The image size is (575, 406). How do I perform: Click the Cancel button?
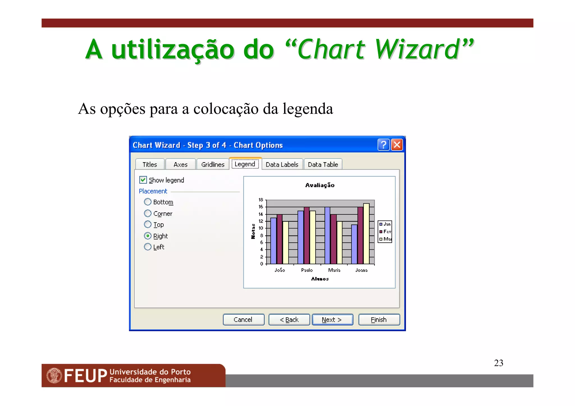coord(243,320)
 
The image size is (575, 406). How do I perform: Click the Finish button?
coord(379,320)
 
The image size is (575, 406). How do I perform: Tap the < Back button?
coord(289,320)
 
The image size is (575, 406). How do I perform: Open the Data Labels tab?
coord(282,164)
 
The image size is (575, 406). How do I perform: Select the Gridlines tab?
coord(213,164)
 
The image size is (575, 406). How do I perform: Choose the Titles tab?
coord(150,164)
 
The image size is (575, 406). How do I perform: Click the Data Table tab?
coord(323,164)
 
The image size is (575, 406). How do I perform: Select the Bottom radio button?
coord(148,202)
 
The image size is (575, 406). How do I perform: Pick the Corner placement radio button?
coord(148,214)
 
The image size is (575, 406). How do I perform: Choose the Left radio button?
coord(148,247)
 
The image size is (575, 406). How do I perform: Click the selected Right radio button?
coord(148,236)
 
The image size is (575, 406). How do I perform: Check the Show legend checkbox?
coord(143,180)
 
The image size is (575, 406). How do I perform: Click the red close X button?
coord(397,145)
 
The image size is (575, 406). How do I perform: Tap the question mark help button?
coord(383,145)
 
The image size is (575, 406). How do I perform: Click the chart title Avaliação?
coord(320,185)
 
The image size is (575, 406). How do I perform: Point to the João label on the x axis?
coord(280,270)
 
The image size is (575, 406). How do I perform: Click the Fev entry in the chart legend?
coord(385,231)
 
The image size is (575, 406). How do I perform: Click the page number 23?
coord(499,363)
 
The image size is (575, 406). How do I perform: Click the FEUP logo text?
coord(85,376)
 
